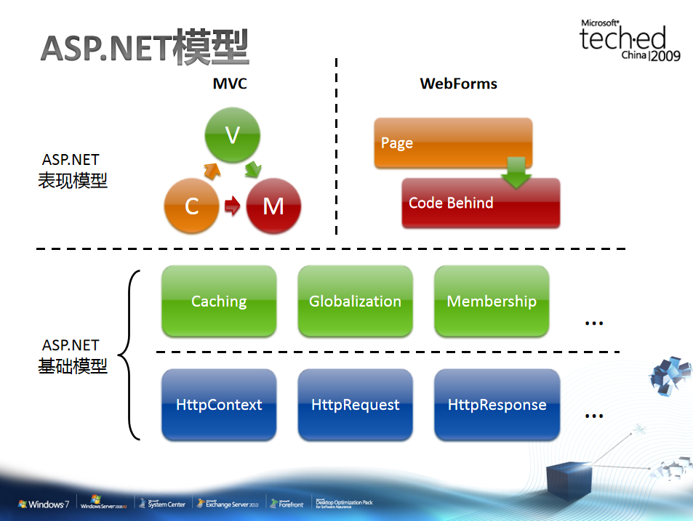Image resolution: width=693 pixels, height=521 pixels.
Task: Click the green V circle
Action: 232,135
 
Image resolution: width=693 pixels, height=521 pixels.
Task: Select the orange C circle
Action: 192,206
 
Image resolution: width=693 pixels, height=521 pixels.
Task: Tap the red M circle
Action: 273,206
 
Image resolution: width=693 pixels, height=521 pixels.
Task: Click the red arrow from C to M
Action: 232,206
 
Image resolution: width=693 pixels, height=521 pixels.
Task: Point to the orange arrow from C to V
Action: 211,171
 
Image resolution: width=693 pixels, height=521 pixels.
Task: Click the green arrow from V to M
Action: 253,170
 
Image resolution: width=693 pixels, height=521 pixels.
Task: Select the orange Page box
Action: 453,142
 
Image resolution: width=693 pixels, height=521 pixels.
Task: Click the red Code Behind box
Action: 481,203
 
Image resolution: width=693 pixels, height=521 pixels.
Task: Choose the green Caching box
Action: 219,301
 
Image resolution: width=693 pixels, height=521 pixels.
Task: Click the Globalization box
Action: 355,301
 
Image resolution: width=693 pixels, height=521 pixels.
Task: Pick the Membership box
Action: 492,301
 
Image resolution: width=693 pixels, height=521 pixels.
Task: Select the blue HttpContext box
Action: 219,405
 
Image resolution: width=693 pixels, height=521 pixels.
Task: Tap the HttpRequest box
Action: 355,405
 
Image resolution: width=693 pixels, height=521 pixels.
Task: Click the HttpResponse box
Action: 497,405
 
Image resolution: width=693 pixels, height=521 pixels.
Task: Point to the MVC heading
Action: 230,84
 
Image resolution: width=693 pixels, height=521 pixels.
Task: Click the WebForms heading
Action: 459,84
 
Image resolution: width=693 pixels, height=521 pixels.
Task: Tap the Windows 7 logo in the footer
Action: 44,504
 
